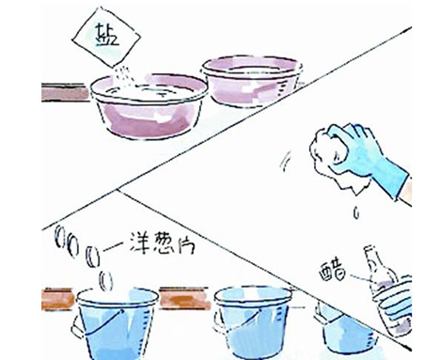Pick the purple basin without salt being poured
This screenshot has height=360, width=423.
tap(252, 81)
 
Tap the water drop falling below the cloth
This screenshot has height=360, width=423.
tap(356, 212)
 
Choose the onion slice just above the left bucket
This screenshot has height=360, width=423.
tap(106, 281)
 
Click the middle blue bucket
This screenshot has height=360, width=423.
tap(253, 322)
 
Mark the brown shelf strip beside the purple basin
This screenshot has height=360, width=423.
tap(65, 92)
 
